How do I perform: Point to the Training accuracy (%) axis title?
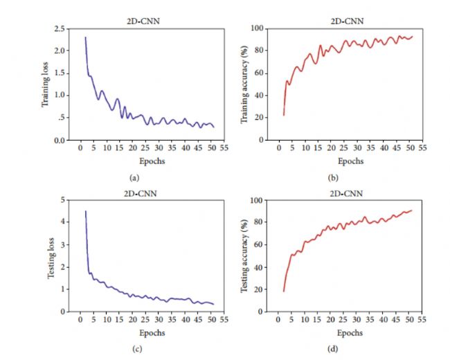tap(243, 84)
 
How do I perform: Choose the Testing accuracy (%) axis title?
tap(243, 255)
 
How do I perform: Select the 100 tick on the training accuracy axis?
tap(257, 29)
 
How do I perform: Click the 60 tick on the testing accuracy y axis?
tap(259, 245)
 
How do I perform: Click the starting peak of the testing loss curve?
tap(85, 211)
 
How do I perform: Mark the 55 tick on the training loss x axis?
tap(224, 148)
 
